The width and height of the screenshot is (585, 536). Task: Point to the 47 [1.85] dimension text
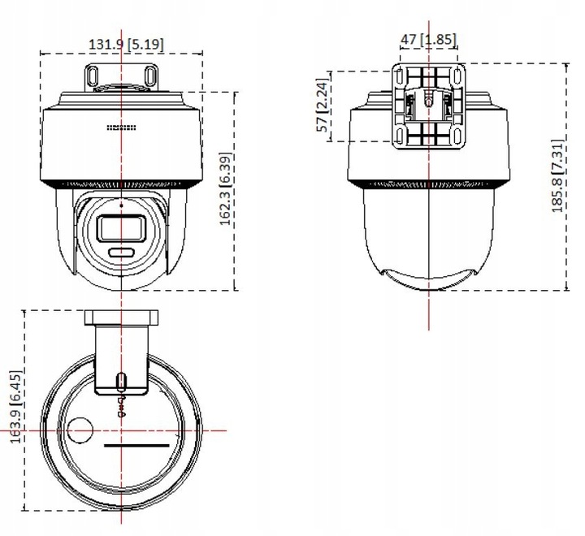click(428, 39)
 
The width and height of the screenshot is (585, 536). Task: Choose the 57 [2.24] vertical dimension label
click(323, 106)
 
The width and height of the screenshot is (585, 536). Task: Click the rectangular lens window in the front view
click(122, 228)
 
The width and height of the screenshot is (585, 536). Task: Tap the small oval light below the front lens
click(122, 253)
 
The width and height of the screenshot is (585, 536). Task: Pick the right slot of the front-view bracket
click(150, 75)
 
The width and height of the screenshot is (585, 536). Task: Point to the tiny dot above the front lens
click(122, 206)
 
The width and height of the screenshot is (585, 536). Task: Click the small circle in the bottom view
click(80, 430)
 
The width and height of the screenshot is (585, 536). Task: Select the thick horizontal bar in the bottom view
click(136, 446)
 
